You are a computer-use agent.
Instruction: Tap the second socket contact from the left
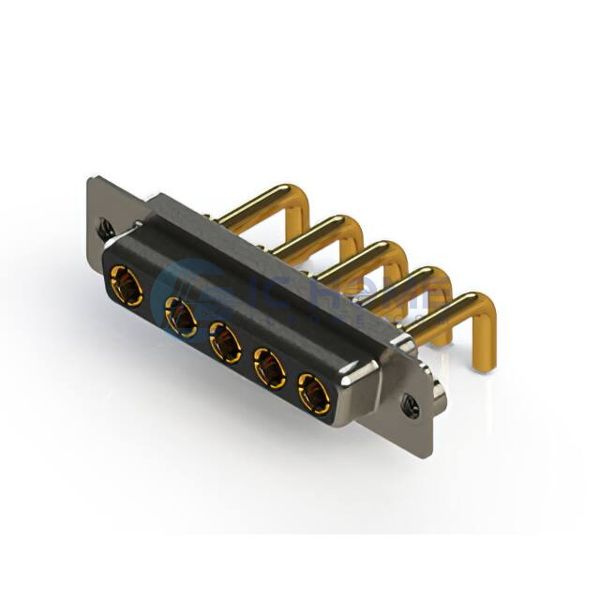coord(181,317)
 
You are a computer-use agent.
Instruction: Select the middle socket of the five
coord(225,343)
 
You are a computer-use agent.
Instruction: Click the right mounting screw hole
coord(409,404)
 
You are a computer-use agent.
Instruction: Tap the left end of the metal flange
coord(98,200)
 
